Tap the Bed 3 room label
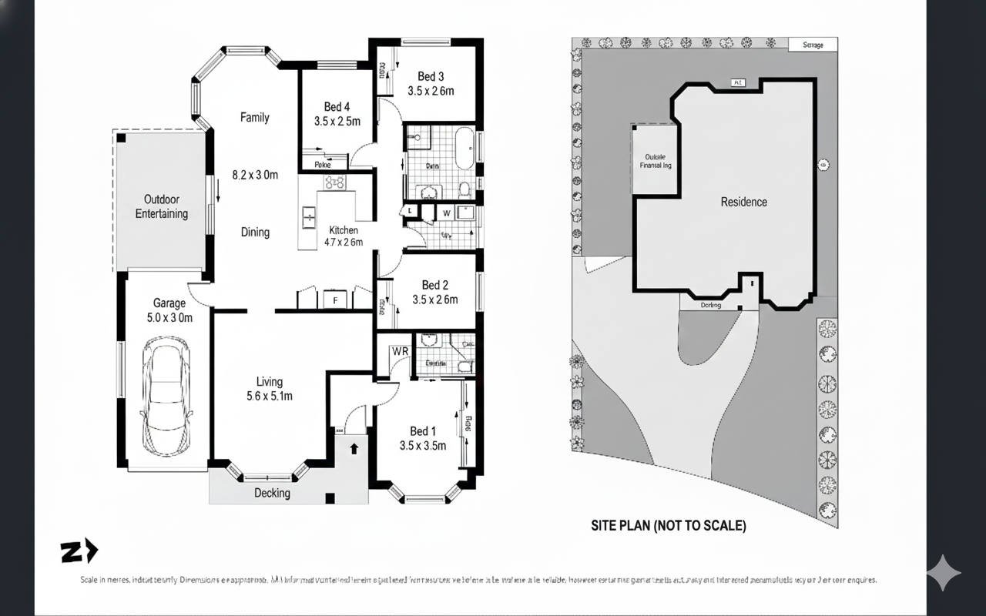click(x=431, y=76)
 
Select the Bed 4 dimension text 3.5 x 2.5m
click(x=337, y=121)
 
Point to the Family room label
click(x=254, y=118)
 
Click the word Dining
click(x=255, y=232)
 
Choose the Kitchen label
click(x=344, y=230)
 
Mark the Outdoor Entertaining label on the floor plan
click(x=162, y=206)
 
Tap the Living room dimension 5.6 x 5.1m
click(x=269, y=397)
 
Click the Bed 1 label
click(x=423, y=431)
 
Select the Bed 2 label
click(x=435, y=286)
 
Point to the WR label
click(x=400, y=351)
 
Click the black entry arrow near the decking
click(x=354, y=447)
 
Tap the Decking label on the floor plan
click(x=272, y=493)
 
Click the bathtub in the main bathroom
click(x=464, y=148)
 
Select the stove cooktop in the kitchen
click(x=335, y=182)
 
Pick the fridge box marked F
click(x=336, y=300)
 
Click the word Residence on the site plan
click(x=743, y=202)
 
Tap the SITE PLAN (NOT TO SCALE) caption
click(x=668, y=526)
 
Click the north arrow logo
click(x=79, y=551)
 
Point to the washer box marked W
click(x=446, y=213)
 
